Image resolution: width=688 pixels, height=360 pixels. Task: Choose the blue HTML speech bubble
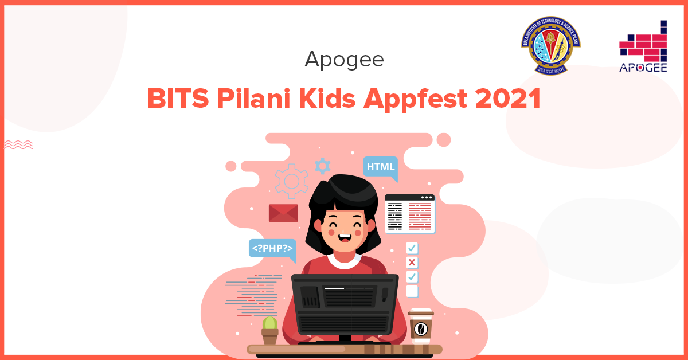pos(381,167)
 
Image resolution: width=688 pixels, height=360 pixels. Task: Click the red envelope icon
pos(283,213)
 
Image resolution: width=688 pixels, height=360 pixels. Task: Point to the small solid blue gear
pos(322,166)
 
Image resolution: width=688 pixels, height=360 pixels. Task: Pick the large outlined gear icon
pos(292,181)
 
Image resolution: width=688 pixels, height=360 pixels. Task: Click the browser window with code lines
pos(409,214)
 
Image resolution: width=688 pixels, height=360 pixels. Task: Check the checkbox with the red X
pos(412,263)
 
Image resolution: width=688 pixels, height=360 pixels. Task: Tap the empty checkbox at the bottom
pos(412,291)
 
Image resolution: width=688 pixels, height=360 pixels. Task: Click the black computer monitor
pos(344,304)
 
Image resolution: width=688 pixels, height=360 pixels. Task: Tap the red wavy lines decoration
pos(18,144)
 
